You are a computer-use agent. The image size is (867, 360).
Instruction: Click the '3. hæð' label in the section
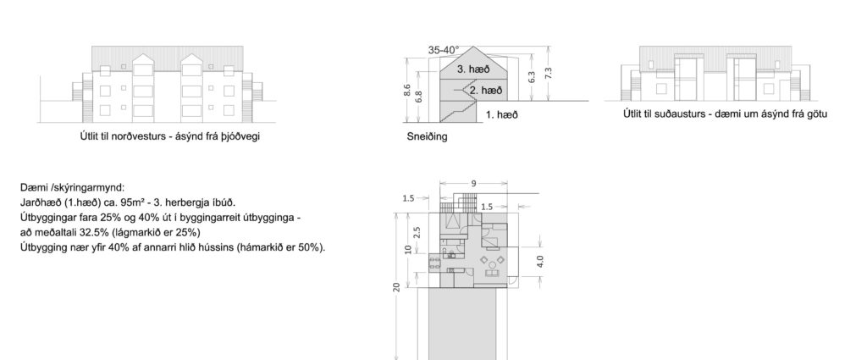click(x=473, y=69)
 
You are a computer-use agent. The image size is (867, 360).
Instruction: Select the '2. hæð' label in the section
click(x=486, y=90)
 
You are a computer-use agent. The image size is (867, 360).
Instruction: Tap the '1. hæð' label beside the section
click(x=502, y=115)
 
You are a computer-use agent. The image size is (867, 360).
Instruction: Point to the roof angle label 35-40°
click(x=444, y=50)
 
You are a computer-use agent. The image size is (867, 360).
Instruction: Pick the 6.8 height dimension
click(x=419, y=97)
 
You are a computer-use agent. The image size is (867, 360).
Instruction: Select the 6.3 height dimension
click(x=533, y=77)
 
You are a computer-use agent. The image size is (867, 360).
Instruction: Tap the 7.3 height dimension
click(x=549, y=73)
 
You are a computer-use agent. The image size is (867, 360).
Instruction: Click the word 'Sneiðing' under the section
click(x=427, y=136)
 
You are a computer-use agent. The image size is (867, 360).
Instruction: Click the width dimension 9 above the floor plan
click(x=474, y=183)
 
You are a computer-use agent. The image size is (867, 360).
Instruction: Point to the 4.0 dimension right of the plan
click(x=540, y=261)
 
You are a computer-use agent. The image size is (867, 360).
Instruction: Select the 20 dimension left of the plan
click(x=396, y=286)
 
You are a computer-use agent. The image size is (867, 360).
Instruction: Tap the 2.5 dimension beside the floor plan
click(x=417, y=232)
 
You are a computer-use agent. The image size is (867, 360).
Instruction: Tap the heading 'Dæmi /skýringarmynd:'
click(x=73, y=187)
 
